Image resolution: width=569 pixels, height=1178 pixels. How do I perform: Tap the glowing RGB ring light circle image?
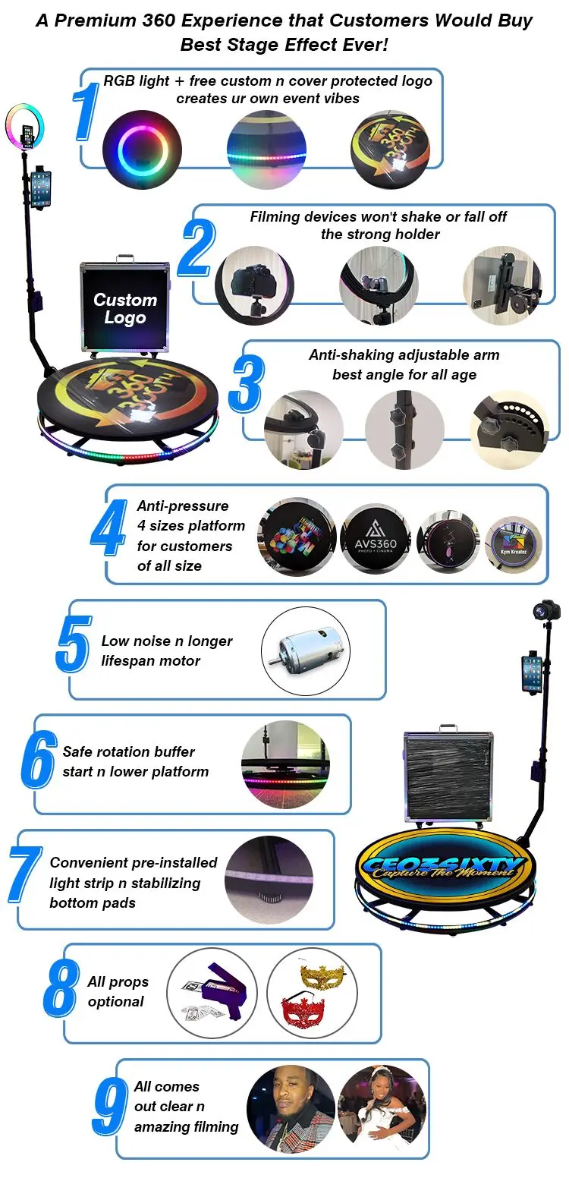point(142,150)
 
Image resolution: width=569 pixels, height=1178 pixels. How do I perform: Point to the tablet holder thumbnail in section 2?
point(502,285)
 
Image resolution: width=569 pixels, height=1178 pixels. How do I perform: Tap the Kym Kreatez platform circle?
point(514,544)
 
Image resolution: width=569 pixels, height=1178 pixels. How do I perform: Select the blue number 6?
point(39,759)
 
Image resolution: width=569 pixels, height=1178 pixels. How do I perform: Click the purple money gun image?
point(212,993)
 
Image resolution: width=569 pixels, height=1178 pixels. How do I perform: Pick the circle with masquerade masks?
point(313,993)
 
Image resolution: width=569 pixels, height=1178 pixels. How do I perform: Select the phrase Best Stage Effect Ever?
point(284,45)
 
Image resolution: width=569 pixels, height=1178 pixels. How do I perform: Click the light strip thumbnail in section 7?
point(269,880)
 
